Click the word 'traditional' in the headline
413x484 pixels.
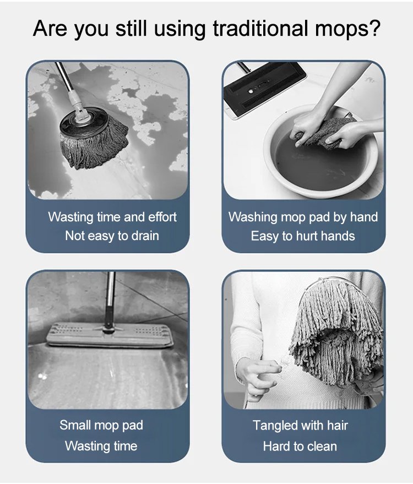261,29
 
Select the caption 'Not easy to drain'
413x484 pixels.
112,236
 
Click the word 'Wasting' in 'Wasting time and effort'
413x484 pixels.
70,217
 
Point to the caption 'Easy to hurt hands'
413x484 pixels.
303,236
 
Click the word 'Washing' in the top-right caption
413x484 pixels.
253,217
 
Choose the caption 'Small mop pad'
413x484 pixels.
101,425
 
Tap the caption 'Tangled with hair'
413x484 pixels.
300,426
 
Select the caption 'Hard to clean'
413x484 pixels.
300,447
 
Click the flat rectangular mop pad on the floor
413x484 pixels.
110,335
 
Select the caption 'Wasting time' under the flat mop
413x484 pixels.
101,446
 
